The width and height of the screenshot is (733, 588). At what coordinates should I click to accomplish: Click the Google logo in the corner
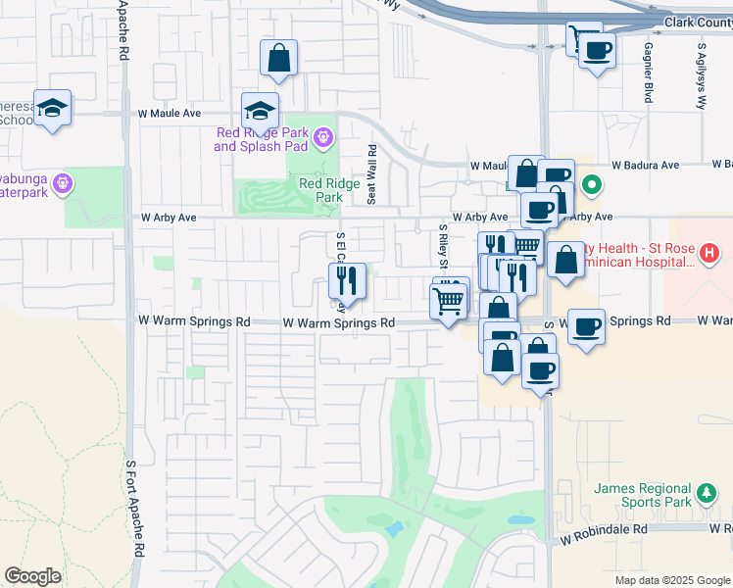(32, 576)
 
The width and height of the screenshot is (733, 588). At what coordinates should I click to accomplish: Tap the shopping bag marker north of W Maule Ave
(279, 58)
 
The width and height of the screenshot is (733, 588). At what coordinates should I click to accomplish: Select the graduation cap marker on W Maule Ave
(261, 110)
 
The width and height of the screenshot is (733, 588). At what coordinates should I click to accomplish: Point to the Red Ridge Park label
(320, 189)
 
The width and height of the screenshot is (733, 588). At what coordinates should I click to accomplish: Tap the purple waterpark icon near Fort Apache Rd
(63, 182)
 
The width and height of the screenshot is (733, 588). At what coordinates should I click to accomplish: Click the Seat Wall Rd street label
(372, 174)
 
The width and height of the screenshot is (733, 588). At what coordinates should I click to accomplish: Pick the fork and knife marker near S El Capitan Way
(347, 281)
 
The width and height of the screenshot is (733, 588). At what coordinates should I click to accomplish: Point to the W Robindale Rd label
(605, 528)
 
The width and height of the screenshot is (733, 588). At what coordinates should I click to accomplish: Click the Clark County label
(697, 22)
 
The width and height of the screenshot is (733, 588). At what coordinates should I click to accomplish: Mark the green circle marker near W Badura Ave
(592, 184)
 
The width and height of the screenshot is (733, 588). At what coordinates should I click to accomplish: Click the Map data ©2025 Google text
(671, 580)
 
